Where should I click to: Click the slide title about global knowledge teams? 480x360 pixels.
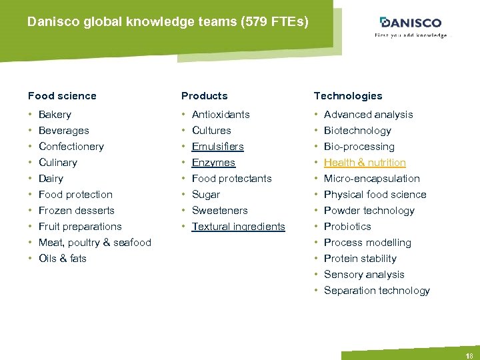[x=168, y=22]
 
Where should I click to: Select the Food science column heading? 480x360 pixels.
[x=62, y=96]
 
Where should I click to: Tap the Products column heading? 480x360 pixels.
[x=204, y=96]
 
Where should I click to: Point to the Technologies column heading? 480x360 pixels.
[x=348, y=96]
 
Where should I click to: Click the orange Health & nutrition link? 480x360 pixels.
[x=365, y=163]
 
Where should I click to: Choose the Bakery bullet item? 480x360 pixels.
[x=55, y=115]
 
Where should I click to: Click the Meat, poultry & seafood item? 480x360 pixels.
[x=95, y=243]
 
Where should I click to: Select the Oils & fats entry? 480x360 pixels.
[x=63, y=259]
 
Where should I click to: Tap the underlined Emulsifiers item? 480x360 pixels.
[x=217, y=147]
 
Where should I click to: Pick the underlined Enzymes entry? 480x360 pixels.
[x=213, y=163]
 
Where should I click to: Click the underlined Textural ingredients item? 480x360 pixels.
[x=238, y=227]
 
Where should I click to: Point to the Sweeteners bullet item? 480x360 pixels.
[x=219, y=211]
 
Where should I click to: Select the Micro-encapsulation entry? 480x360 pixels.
[x=371, y=179]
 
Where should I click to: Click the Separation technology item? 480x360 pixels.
[x=377, y=291]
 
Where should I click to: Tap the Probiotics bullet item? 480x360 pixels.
[x=347, y=227]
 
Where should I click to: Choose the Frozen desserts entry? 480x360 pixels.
[x=76, y=211]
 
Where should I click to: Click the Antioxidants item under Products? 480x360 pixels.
[x=221, y=115]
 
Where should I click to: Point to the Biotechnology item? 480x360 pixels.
[x=357, y=131]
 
